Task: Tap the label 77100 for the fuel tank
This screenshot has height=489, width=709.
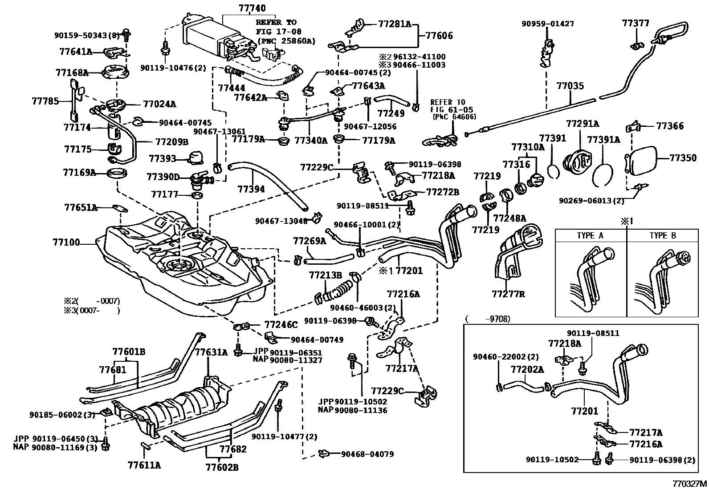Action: pos(66,242)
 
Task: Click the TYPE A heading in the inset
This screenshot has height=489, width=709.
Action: pos(590,236)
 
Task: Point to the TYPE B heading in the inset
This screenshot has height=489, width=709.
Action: pos(663,236)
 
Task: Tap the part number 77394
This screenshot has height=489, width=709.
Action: pos(251,189)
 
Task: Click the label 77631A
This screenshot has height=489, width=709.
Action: pos(211,353)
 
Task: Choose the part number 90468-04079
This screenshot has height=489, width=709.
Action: pos(367,454)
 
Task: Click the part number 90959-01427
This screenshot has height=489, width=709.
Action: pos(548,24)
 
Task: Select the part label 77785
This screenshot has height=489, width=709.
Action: pos(45,101)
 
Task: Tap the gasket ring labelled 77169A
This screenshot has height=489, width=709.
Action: pos(118,173)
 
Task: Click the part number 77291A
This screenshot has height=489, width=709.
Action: pos(583,123)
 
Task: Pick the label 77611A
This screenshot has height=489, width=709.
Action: pos(144,465)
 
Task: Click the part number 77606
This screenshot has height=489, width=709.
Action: pos(439,36)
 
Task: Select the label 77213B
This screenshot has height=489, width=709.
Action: pos(325,275)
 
